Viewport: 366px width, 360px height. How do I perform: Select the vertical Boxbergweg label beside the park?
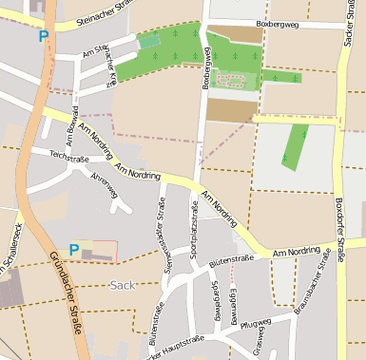205,69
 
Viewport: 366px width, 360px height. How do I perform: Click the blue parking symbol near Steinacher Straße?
43,36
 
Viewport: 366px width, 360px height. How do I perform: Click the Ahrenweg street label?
105,185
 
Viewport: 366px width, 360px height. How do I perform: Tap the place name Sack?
123,284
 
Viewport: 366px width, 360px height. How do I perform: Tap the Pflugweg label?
256,325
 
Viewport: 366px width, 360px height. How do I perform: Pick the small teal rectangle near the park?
149,41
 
